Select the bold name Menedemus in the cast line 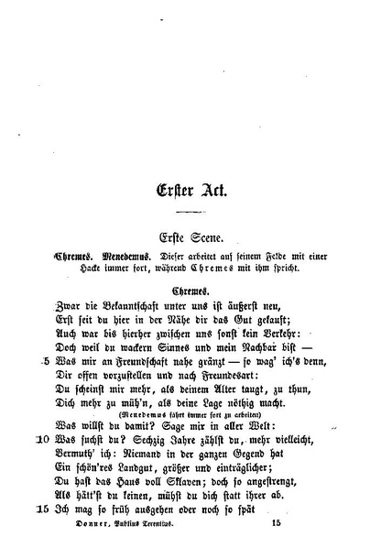click(x=124, y=258)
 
